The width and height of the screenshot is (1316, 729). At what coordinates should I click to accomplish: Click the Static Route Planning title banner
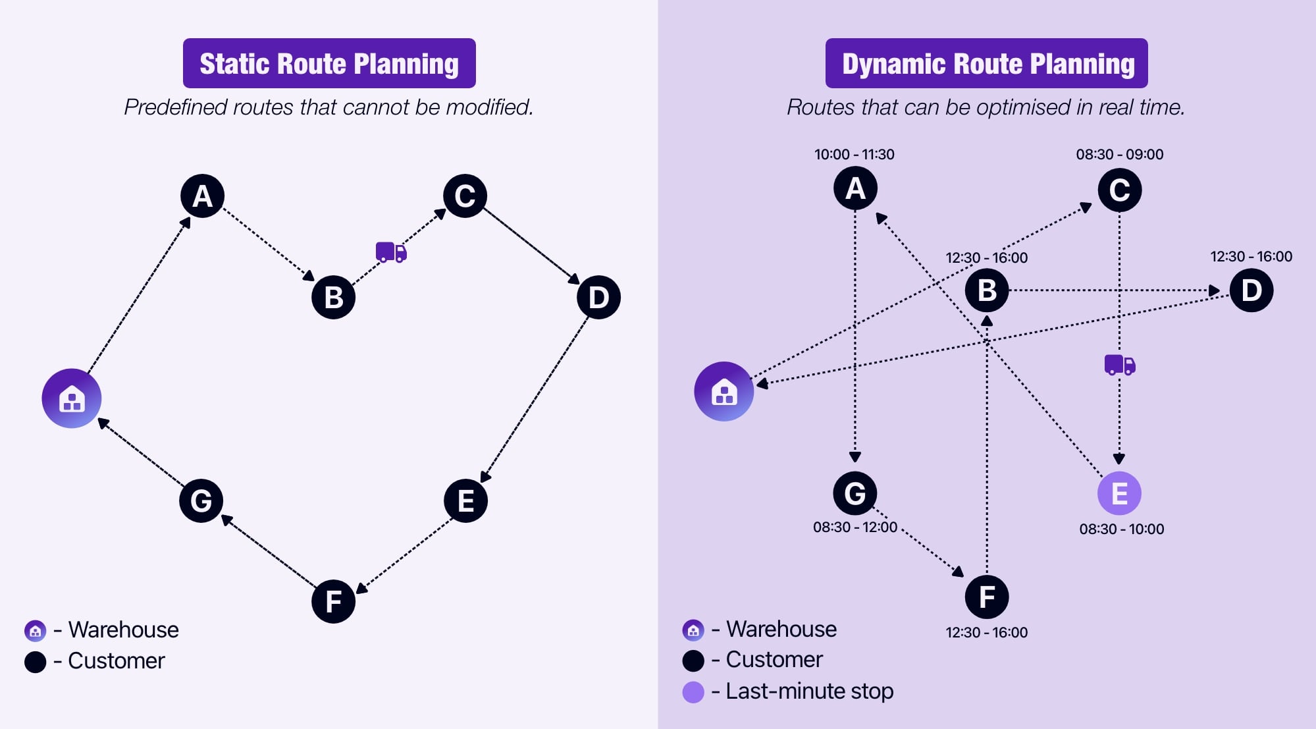(329, 63)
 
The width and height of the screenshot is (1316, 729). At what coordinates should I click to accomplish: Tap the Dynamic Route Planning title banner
(986, 63)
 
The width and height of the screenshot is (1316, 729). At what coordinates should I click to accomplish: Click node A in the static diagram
(202, 196)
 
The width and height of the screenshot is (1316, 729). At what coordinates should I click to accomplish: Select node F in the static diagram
(333, 601)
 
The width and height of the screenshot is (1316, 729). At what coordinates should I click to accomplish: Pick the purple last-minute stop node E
(1119, 493)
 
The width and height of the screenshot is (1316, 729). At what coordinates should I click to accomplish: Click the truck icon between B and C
(391, 252)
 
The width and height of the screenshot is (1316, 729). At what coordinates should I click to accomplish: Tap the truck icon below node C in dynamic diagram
(1119, 364)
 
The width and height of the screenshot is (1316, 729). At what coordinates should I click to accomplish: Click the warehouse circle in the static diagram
(71, 398)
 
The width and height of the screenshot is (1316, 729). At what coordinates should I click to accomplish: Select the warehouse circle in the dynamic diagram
(724, 391)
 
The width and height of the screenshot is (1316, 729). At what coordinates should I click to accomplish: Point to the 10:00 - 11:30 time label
(854, 154)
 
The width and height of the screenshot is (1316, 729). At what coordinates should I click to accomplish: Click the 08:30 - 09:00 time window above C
(1119, 154)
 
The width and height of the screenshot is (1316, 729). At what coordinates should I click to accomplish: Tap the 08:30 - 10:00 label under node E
(1121, 529)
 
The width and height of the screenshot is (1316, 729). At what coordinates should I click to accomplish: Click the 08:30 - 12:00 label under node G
(855, 527)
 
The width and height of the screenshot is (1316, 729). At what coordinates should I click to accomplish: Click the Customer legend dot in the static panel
(35, 661)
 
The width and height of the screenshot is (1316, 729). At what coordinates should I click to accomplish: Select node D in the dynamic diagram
(1251, 290)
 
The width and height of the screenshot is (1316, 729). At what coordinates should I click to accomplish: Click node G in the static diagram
(201, 500)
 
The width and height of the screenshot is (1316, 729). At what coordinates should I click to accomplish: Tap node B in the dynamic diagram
(986, 290)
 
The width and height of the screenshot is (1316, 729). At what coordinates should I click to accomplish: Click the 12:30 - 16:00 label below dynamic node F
(986, 632)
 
